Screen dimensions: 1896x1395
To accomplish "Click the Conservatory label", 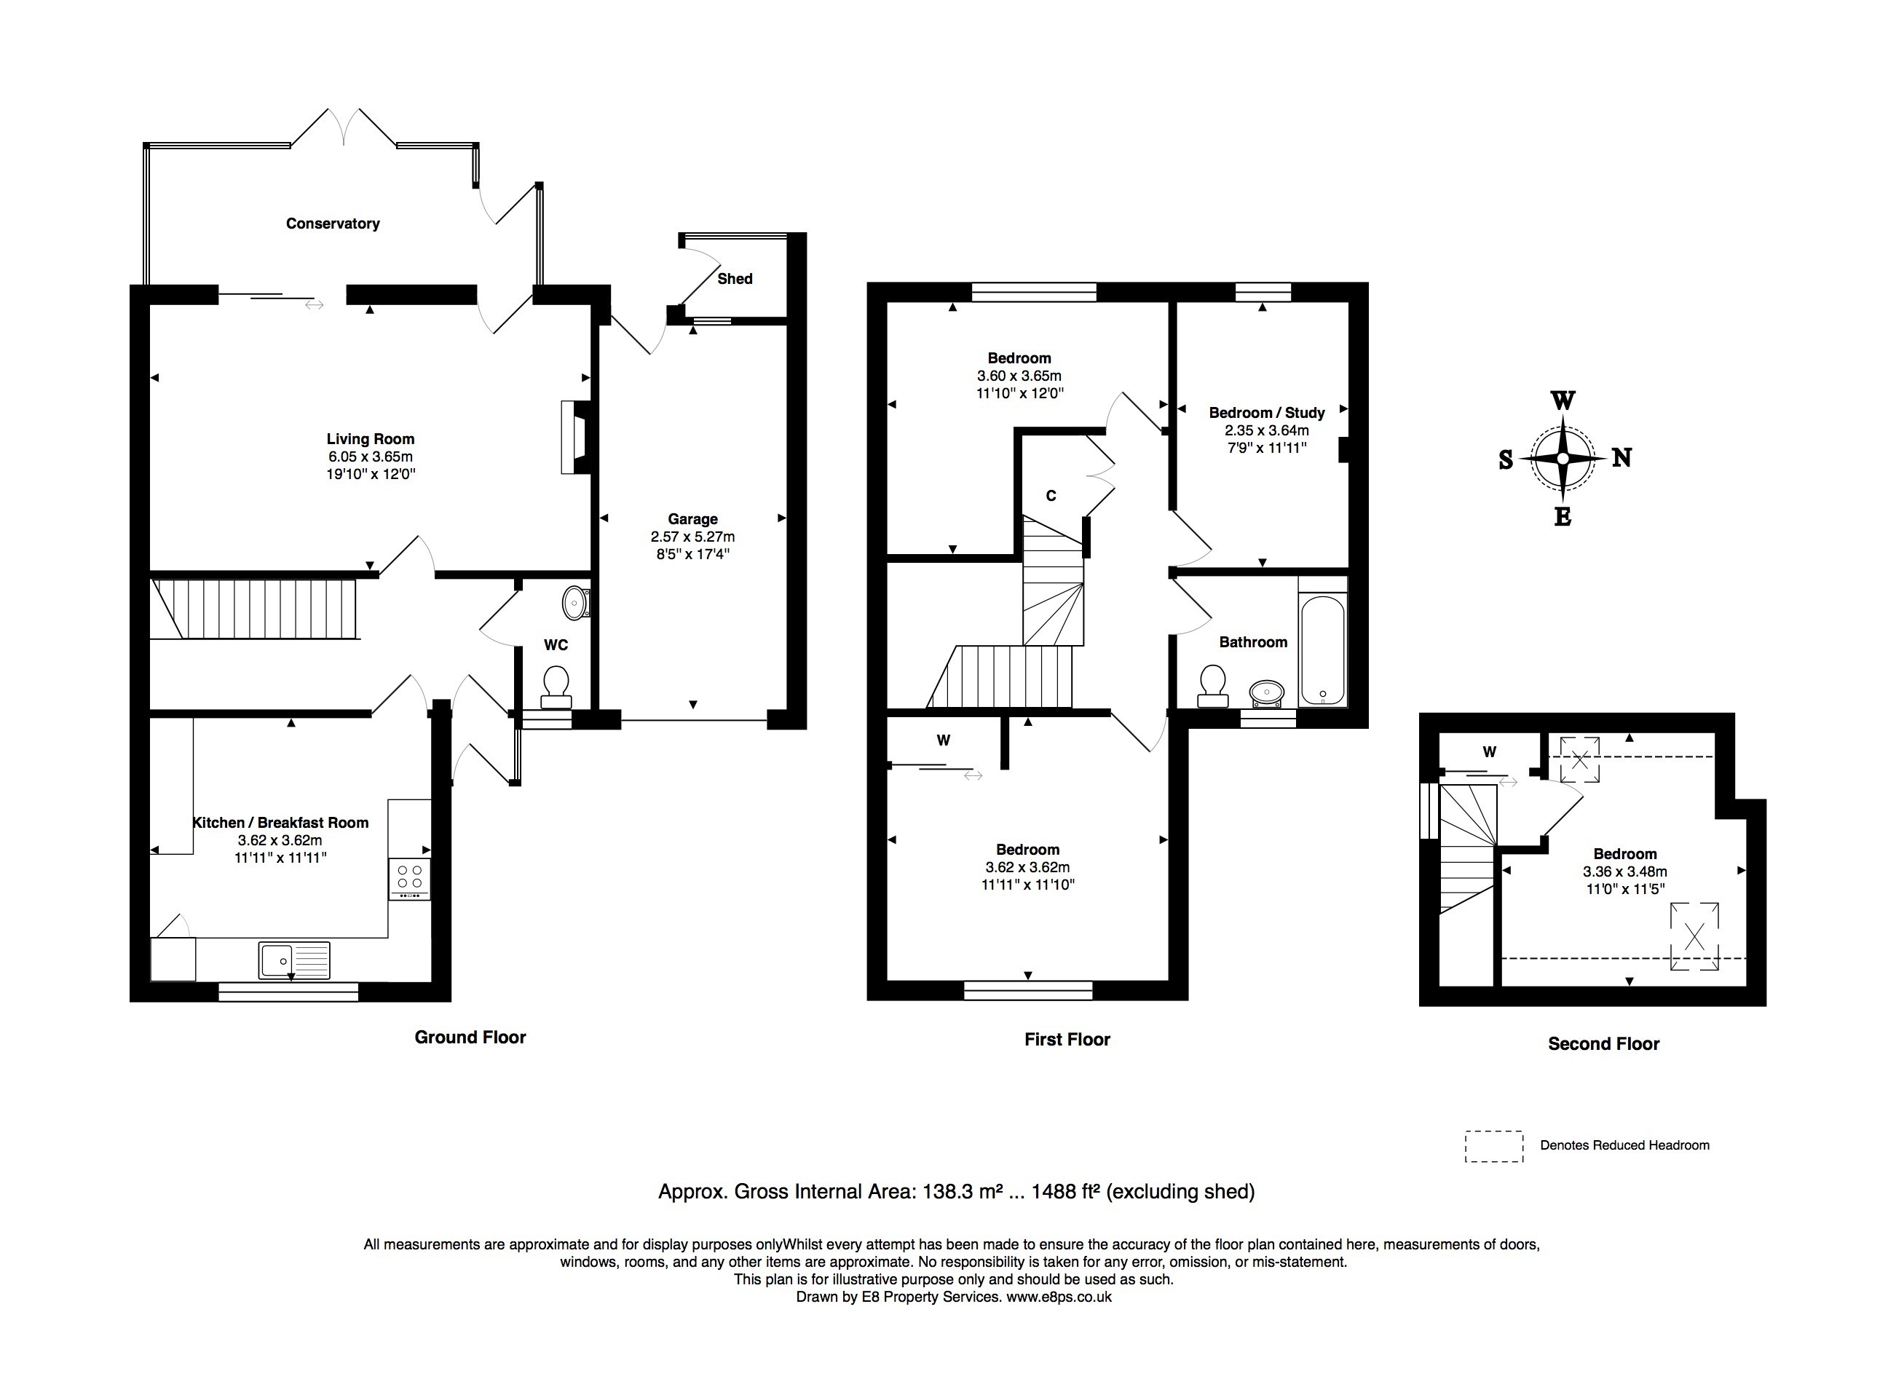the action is click(x=333, y=224).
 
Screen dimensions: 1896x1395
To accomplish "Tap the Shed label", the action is click(x=735, y=279).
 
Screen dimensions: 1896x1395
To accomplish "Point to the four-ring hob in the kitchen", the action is click(x=410, y=878).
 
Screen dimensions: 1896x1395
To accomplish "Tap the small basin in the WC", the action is click(x=576, y=603).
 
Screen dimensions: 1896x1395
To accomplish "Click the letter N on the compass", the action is click(x=1622, y=458).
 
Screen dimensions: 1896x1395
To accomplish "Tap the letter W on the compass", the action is click(x=1563, y=400).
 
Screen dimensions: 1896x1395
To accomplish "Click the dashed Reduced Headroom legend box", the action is click(x=1494, y=1147).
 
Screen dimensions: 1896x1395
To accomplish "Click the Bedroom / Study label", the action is click(x=1267, y=413).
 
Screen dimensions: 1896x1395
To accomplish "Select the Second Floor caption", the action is click(x=1604, y=1045).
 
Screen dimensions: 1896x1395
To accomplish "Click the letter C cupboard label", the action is click(x=1051, y=496).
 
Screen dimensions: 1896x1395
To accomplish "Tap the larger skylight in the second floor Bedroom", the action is click(x=1694, y=936).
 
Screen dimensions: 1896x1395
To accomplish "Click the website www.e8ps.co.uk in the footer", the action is click(x=1059, y=1297).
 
